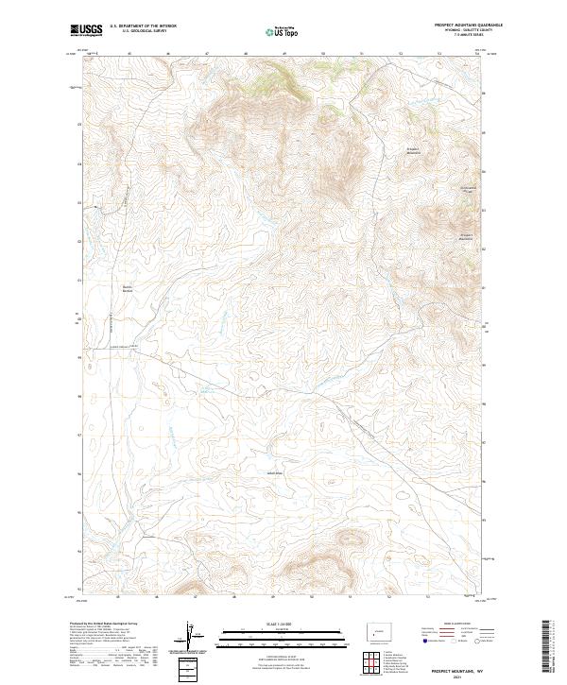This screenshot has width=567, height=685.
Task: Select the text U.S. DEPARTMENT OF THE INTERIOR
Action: pyautogui.click(x=143, y=26)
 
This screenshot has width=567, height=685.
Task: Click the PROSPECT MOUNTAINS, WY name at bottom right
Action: pyautogui.click(x=458, y=668)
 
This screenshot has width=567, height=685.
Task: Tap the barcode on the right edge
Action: pyautogui.click(x=547, y=650)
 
